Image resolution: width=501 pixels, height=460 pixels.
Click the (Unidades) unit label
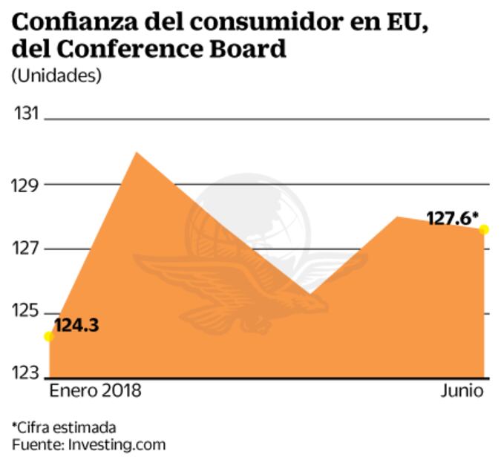[56, 76]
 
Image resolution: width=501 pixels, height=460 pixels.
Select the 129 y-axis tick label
[27, 185]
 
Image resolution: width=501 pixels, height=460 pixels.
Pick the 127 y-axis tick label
[27, 249]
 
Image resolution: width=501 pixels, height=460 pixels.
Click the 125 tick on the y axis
[27, 313]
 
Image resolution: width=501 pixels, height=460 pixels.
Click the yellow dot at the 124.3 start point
[49, 336]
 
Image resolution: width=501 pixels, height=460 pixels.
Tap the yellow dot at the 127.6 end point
[484, 229]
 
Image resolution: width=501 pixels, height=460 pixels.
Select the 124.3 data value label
[76, 325]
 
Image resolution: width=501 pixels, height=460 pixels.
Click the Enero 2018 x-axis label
[95, 391]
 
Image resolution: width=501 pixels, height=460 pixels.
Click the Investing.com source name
[117, 444]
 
